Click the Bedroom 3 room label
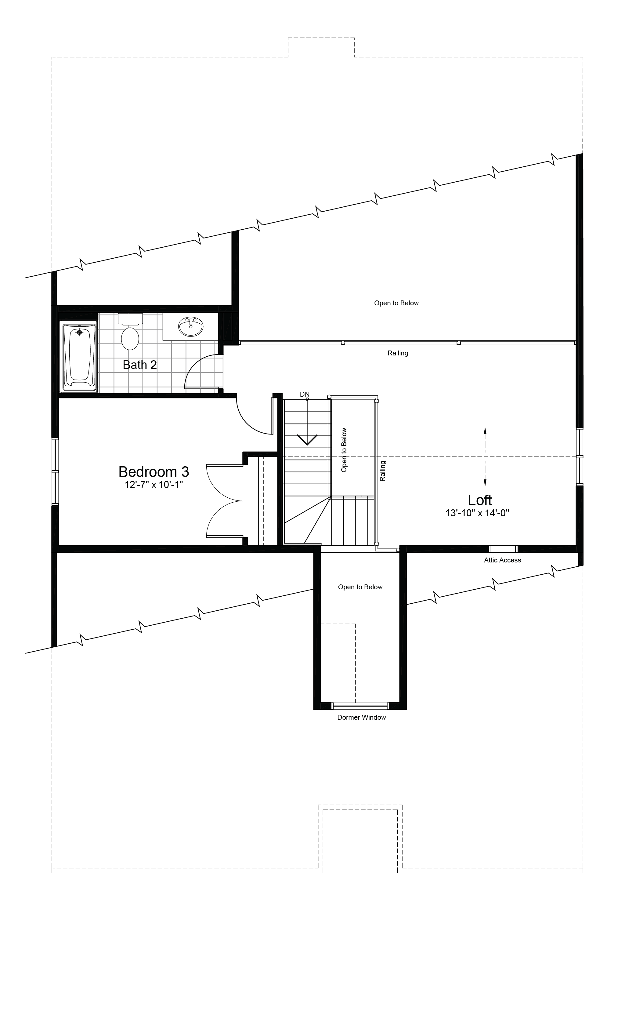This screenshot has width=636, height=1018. [x=154, y=472]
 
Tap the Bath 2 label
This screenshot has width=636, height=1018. [x=140, y=365]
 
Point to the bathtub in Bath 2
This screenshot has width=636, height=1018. [x=79, y=356]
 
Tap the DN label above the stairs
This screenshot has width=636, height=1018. [x=305, y=394]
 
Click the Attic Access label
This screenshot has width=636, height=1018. [x=502, y=560]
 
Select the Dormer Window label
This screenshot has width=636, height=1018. [x=361, y=717]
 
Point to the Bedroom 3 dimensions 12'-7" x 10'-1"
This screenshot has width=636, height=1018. [x=154, y=485]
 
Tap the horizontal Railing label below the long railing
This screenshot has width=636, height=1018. [x=397, y=353]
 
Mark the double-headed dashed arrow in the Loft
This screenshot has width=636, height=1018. [x=485, y=456]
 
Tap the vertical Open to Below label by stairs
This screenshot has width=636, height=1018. [x=344, y=450]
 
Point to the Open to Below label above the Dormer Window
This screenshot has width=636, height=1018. [x=360, y=587]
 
